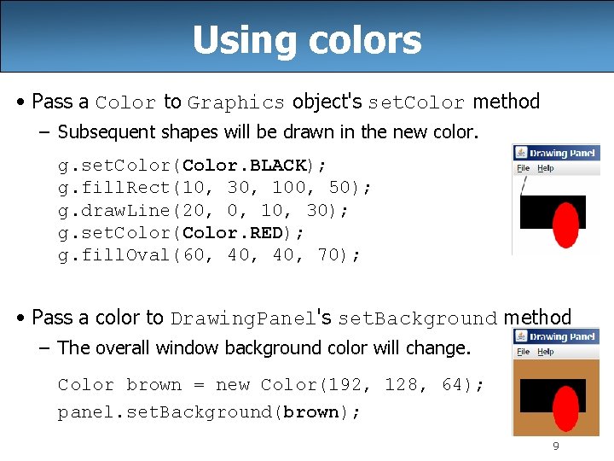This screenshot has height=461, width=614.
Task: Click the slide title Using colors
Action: tap(307, 39)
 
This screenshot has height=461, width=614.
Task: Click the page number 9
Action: tap(556, 446)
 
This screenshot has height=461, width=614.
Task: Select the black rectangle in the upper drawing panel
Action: tap(536, 212)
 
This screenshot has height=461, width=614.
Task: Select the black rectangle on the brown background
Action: tap(536, 395)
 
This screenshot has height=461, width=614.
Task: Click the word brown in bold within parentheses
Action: tap(310, 412)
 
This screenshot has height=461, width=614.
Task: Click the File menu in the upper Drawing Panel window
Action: tap(524, 168)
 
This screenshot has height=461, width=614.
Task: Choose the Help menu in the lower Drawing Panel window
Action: tap(546, 352)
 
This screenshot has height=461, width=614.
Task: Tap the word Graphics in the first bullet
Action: tap(236, 102)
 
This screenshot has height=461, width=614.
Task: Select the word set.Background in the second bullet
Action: tap(417, 318)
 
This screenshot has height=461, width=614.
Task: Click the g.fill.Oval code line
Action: tap(209, 255)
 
